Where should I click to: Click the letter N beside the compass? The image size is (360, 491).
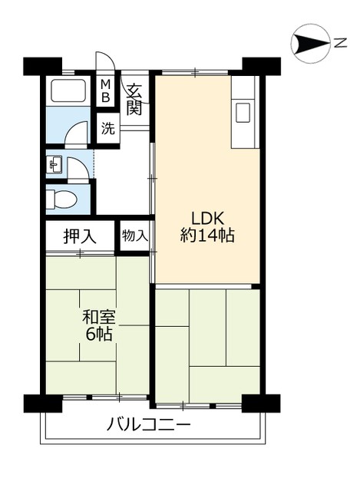(x=339, y=43)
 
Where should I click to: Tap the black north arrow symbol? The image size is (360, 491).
(x=310, y=43)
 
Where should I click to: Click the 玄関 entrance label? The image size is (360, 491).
(x=134, y=98)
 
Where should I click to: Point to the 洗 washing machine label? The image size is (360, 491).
(x=108, y=128)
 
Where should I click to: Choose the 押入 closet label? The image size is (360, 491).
(x=80, y=236)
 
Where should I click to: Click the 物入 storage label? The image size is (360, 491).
(x=135, y=236)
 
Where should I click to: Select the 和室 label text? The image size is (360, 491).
(x=98, y=315)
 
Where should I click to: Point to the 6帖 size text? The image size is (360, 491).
(x=99, y=334)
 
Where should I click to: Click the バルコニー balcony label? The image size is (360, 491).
(x=149, y=423)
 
